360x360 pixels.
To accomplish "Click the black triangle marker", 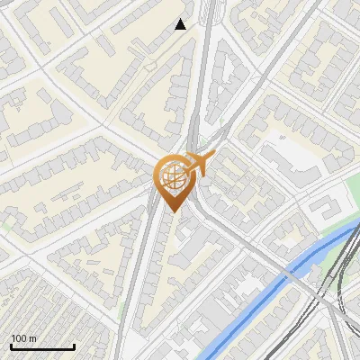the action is tap(181, 24).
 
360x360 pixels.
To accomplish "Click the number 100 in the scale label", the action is tap(17, 338).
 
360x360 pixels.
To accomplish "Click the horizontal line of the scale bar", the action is tap(42, 347).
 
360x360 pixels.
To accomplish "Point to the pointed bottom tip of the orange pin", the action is tap(172, 211).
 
